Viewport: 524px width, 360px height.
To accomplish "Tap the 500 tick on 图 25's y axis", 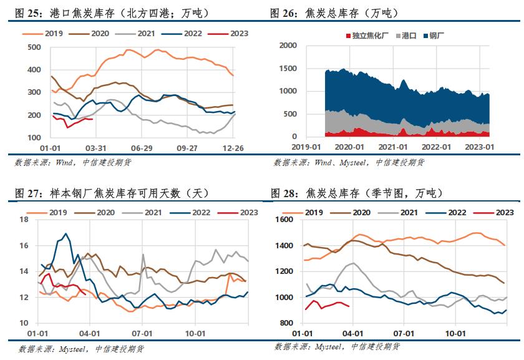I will click(34, 47).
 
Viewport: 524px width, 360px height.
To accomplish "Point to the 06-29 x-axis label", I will click(142, 149).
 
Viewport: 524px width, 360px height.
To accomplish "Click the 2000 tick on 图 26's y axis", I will click(288, 46).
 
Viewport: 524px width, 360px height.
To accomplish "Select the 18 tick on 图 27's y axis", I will click(24, 220).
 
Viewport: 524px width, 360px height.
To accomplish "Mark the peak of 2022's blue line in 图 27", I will click(65, 234).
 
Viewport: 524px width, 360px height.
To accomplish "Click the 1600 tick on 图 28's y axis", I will click(284, 220).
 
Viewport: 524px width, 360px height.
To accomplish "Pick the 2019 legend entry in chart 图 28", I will click(317, 212).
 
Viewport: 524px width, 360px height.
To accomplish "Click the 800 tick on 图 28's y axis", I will click(286, 323).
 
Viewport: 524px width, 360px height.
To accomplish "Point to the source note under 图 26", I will click(349, 162).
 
